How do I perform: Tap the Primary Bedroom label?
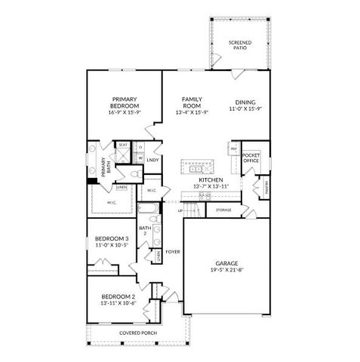[x=124, y=103]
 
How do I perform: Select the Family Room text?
[x=189, y=103]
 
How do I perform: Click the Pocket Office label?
[x=251, y=157]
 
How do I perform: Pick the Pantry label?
[x=266, y=186]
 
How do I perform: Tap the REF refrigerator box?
[x=234, y=149]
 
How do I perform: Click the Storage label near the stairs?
[x=223, y=210]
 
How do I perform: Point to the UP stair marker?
[x=180, y=210]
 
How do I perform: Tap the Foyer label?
[x=172, y=252]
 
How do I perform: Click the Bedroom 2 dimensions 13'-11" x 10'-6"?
[x=118, y=304]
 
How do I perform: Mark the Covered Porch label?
[x=138, y=333]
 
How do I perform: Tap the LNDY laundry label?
[x=152, y=160]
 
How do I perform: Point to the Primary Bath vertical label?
[x=103, y=166]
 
